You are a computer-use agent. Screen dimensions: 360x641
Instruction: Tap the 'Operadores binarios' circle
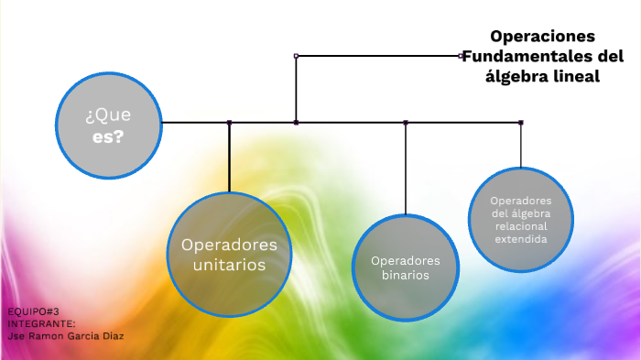pos(405,267)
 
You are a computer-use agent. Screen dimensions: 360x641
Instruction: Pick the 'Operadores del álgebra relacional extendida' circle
pos(521,219)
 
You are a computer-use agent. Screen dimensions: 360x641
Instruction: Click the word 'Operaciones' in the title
pos(542,37)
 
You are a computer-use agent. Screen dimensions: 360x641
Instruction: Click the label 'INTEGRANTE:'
pos(41,323)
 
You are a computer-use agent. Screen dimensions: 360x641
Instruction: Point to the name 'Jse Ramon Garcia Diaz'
pos(64,335)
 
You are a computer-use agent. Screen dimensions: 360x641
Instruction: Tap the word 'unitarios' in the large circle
pos(229,266)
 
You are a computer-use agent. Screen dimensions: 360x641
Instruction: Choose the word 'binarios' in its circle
pos(406,275)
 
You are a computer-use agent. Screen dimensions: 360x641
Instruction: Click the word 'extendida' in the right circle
pos(521,239)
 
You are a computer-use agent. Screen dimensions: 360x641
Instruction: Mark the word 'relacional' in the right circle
pos(521,226)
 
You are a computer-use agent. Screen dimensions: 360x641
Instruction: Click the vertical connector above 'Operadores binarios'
pos(406,169)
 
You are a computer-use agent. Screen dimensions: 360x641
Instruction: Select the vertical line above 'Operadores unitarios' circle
pos(229,158)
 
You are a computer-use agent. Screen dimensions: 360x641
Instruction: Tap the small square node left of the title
pos(461,56)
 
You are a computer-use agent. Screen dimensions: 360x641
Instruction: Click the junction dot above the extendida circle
pos(521,122)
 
